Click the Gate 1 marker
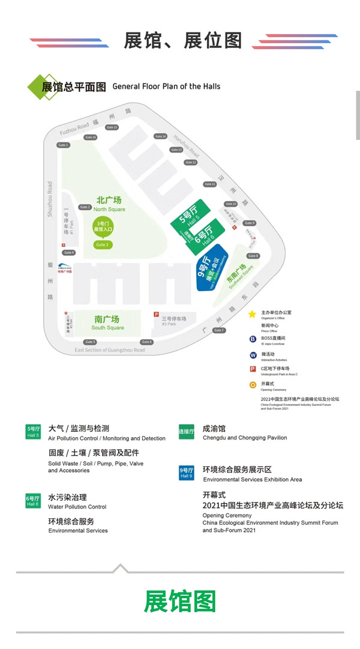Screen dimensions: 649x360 [x=64, y=145]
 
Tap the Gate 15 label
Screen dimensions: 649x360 [x=112, y=127]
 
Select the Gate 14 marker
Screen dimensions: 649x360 [x=160, y=136]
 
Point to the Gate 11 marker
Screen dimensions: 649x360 [x=210, y=184]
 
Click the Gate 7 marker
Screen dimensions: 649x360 [x=219, y=330]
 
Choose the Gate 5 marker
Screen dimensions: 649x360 [x=91, y=342]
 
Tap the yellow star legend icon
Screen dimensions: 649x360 [x=253, y=313]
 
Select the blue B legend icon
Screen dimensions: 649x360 [x=253, y=339]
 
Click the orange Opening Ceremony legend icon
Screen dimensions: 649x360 [x=253, y=384]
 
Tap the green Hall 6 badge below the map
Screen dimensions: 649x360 [x=32, y=501]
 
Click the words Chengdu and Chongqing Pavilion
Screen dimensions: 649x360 [x=245, y=438]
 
